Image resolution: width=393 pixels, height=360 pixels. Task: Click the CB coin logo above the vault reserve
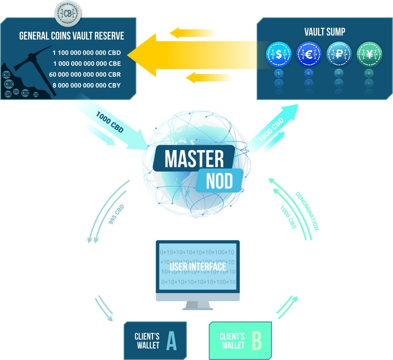[x=68, y=13]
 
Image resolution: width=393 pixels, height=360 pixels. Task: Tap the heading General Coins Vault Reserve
[x=72, y=36]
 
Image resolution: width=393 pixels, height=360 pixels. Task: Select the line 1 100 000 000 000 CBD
[x=87, y=53]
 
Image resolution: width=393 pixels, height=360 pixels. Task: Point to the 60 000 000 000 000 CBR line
[x=85, y=74]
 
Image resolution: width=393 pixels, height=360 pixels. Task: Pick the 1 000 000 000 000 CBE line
[x=87, y=64]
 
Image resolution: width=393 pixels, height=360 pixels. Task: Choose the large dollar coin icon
[x=279, y=54]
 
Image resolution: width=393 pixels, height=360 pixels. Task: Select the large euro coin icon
[x=308, y=54]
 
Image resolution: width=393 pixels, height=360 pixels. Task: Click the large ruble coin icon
[x=339, y=54]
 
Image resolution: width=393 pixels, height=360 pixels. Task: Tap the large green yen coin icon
[x=369, y=54]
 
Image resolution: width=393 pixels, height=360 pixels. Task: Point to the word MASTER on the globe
[x=194, y=159]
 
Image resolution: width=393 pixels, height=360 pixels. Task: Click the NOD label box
[x=220, y=180]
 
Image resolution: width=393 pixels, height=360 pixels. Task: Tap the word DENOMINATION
[x=307, y=211]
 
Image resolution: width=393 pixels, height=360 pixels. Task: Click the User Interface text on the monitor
[x=197, y=266]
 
